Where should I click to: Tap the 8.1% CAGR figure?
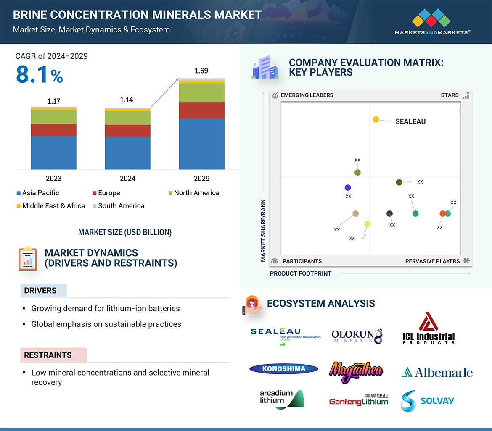pos(39,75)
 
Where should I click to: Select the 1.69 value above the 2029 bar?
pos(201,71)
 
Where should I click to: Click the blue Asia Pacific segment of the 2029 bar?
pos(201,144)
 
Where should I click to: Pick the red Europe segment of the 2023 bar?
pos(53,130)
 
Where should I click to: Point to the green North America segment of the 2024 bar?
pos(127,118)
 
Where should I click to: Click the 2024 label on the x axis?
pos(127,178)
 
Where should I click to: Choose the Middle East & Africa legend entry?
pos(51,206)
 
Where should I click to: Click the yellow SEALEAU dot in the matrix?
pos(376,120)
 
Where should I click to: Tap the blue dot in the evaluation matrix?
pos(347,188)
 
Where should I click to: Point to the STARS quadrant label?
pos(450,95)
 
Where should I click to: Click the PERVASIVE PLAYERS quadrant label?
pos(432,261)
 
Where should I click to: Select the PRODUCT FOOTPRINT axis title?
pos(300,273)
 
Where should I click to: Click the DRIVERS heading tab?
pos(41,291)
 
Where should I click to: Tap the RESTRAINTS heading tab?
pos(48,355)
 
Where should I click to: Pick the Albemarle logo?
pos(437,372)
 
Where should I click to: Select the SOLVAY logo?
pos(427,400)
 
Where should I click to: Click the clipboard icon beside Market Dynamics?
pos(28,259)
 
